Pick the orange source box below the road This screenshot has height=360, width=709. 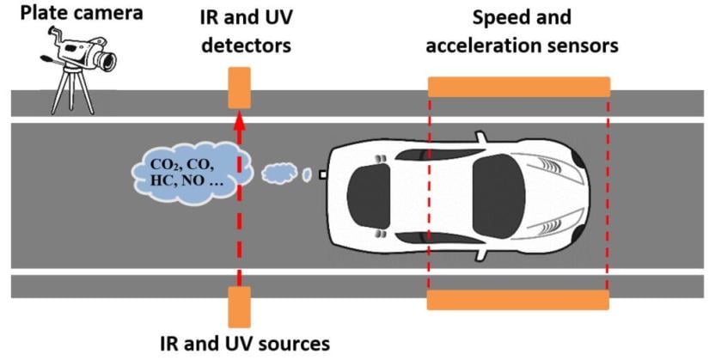coord(238,308)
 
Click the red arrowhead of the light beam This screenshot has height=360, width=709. coord(238,117)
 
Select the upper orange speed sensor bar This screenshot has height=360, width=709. coord(518,87)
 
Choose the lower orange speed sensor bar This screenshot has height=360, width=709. coord(518,300)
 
